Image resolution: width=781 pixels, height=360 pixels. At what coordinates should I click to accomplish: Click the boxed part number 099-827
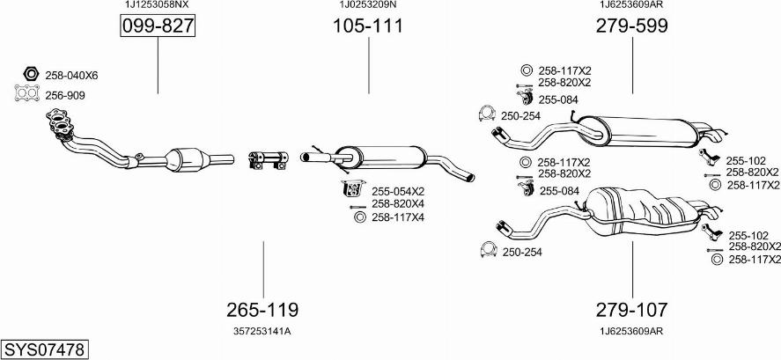158,26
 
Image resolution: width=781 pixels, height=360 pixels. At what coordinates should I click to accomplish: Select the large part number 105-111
368,26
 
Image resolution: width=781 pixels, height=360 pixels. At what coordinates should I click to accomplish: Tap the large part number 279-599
631,26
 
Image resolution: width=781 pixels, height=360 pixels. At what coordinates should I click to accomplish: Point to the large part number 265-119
262,310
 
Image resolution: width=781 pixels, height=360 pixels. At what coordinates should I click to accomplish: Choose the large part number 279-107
631,310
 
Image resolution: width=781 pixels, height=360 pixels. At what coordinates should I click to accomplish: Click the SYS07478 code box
44,349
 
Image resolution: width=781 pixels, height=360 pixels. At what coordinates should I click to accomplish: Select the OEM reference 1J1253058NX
157,5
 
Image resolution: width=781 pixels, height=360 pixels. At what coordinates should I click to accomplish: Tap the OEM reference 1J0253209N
368,5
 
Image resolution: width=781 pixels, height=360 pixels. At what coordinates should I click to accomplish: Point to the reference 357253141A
262,331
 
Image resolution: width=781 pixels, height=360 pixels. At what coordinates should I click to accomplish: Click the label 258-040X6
71,76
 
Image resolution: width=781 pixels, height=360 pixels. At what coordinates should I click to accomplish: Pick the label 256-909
64,95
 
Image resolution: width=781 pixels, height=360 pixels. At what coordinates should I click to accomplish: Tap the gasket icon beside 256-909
27,92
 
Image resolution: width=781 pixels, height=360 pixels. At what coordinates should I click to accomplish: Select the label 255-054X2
397,191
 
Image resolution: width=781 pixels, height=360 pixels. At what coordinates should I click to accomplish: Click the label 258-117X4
397,217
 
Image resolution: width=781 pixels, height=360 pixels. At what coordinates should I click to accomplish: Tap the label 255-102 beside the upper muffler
746,160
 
